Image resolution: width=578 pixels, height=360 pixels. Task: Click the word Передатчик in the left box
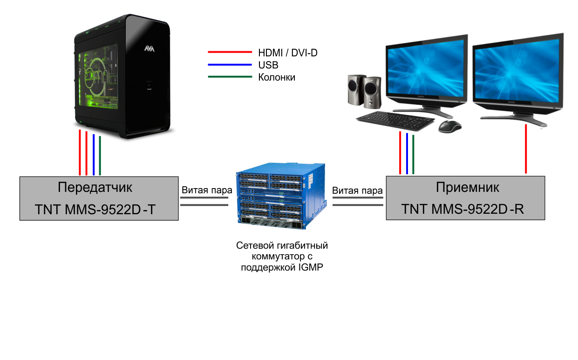[95, 187]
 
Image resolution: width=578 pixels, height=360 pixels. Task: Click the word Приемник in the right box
[468, 188]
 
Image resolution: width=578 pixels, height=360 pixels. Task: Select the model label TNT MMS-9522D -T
[95, 209]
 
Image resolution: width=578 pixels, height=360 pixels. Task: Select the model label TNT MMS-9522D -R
[462, 209]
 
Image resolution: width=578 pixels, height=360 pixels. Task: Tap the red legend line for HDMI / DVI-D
[230, 52]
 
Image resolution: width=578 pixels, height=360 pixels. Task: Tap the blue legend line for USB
[230, 65]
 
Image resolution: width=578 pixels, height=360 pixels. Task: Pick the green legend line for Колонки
[230, 77]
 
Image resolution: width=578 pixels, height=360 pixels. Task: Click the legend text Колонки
[277, 77]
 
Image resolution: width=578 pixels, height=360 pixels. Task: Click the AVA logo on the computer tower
[149, 48]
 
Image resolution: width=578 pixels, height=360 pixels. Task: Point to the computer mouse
[450, 127]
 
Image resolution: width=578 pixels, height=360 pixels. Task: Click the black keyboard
[395, 121]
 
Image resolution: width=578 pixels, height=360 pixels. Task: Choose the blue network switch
[281, 196]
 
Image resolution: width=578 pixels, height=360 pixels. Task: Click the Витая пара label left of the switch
[207, 190]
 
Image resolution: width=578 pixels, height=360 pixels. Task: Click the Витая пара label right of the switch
[357, 190]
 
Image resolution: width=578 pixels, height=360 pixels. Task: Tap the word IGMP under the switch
[311, 267]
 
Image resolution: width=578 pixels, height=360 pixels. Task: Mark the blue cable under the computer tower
[94, 155]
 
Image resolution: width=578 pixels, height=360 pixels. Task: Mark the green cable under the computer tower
[100, 156]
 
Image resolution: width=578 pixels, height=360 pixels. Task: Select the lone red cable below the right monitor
[526, 149]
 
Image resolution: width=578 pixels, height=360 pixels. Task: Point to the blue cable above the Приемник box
[407, 154]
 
